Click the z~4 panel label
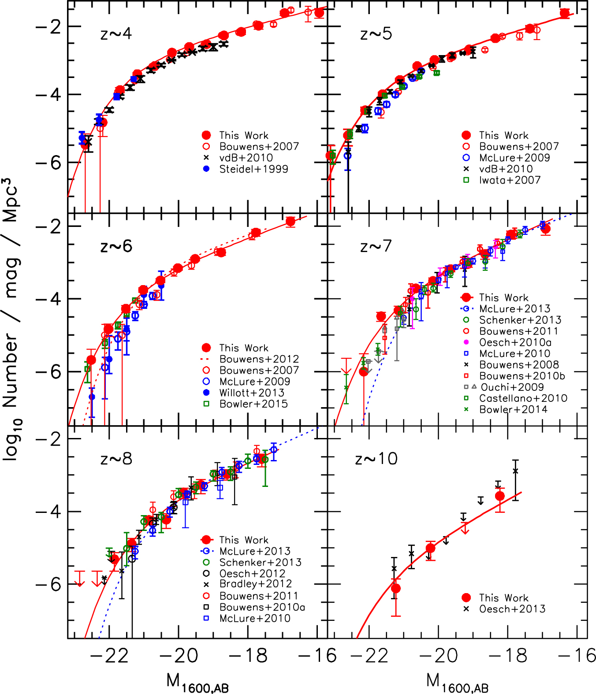(x=116, y=34)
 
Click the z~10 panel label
(x=376, y=459)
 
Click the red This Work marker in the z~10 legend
(x=466, y=598)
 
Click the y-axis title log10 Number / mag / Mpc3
(x=11, y=319)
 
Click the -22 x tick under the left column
(x=109, y=656)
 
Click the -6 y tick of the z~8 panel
(x=48, y=585)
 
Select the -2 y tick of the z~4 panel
(x=48, y=27)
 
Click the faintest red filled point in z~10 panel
(x=499, y=496)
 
